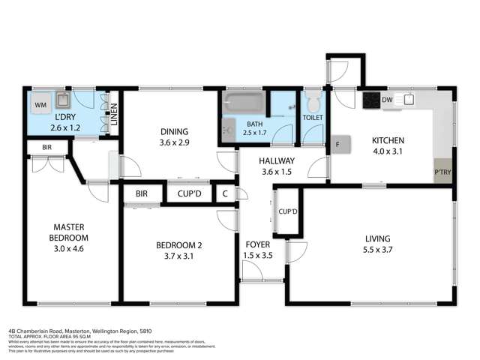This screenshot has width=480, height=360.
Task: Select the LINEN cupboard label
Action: (114, 113)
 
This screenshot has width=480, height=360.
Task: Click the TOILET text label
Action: (313, 118)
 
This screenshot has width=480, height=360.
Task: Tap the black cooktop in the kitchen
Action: (371, 99)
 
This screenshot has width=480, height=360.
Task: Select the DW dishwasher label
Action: (387, 100)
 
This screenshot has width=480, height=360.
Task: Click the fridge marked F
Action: (339, 143)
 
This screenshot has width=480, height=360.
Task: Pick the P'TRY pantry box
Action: (442, 171)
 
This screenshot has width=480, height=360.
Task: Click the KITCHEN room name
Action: (388, 141)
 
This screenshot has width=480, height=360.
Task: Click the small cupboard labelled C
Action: (225, 194)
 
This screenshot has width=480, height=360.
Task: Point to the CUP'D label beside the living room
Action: (288, 212)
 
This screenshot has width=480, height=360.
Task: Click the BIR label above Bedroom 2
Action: (142, 193)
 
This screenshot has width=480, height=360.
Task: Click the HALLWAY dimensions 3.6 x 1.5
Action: (277, 172)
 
